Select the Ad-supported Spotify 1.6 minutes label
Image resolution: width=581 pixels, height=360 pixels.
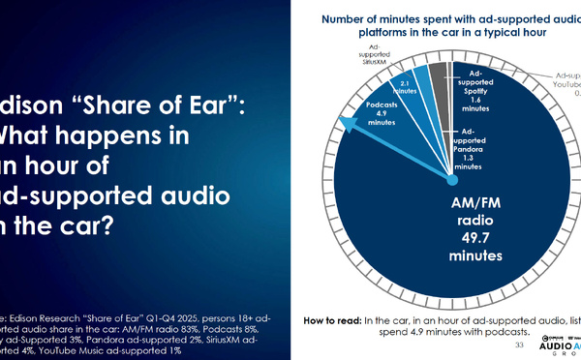(x=474, y=90)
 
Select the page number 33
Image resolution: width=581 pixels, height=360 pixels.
(x=519, y=343)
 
